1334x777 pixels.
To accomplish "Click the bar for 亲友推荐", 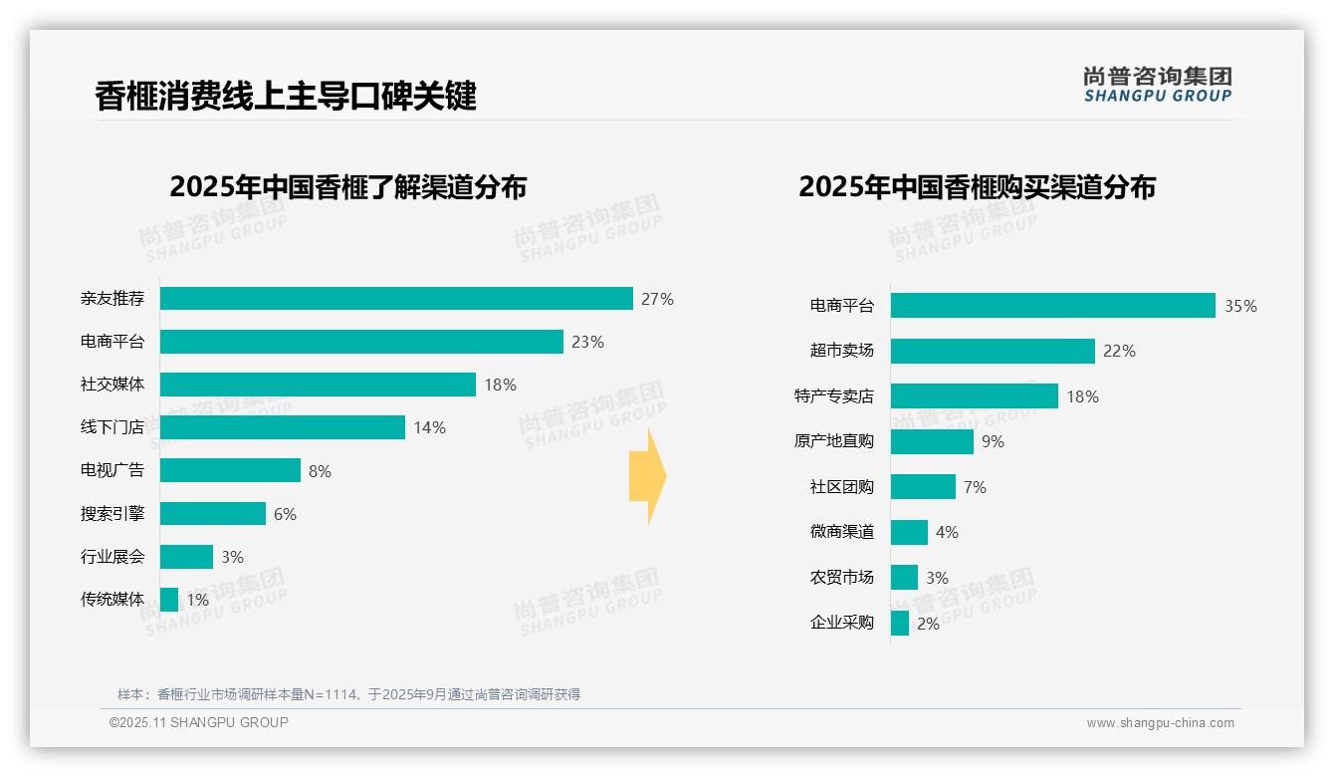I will tap(396, 299).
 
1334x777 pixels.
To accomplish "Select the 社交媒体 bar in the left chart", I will tap(318, 385).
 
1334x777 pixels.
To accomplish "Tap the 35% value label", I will tap(1240, 306).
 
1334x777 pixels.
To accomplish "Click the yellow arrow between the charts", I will tap(647, 477).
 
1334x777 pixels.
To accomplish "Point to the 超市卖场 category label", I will tap(841, 351).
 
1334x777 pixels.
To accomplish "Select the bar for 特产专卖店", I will tap(974, 396).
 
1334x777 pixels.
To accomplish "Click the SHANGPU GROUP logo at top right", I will tap(1157, 85).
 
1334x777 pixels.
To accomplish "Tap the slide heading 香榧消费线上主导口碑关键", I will tap(286, 96).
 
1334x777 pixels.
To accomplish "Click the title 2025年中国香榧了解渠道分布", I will tap(347, 187).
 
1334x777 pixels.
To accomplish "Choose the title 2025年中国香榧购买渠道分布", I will tap(977, 187).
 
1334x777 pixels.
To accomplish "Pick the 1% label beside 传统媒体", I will tap(197, 600).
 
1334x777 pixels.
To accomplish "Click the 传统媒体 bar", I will tap(169, 600).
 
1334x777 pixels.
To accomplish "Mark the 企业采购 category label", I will tap(841, 623).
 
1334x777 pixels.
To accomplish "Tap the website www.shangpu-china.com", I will tap(1160, 723).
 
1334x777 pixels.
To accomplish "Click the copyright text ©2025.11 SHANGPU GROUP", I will tap(199, 722).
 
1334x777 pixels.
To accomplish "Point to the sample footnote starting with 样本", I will tap(348, 694).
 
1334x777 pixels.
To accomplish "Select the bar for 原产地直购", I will tap(932, 441).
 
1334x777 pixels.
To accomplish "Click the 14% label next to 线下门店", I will tap(429, 427).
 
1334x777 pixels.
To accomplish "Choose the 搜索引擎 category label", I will tap(112, 514).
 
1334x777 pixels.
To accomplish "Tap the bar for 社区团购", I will tap(923, 487).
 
